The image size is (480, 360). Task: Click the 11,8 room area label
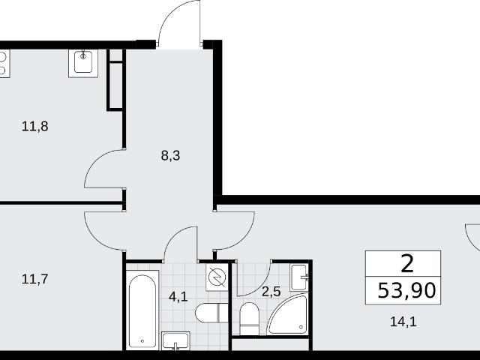[35, 127]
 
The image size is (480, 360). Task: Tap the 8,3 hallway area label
[170, 156]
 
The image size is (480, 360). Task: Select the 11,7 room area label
[35, 279]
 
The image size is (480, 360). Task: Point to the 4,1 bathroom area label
[178, 297]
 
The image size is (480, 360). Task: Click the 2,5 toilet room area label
[271, 292]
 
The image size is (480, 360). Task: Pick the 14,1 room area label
[403, 322]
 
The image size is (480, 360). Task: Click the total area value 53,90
[406, 290]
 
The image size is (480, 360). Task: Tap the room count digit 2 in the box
[407, 264]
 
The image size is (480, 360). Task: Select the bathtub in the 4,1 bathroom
[142, 310]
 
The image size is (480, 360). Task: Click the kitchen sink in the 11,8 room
[83, 63]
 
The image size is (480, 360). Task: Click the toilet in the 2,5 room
[249, 319]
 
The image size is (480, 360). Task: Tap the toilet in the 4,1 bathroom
[211, 313]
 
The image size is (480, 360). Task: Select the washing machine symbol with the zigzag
[217, 277]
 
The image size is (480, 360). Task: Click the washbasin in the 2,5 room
[299, 277]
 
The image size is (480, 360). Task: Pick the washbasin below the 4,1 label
[175, 340]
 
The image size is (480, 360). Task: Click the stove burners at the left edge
[4, 64]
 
